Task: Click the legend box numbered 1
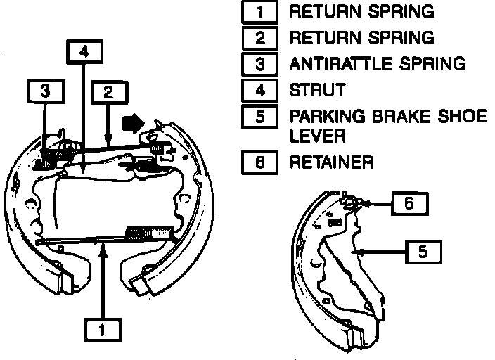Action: [260, 12]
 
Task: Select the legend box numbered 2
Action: [260, 37]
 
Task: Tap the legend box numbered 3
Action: [260, 63]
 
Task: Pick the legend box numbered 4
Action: [260, 89]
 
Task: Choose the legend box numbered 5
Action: [260, 115]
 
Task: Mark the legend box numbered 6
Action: [260, 162]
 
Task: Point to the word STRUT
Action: [318, 89]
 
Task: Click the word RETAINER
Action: [332, 162]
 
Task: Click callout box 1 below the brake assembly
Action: [103, 330]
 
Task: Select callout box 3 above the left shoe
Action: [45, 91]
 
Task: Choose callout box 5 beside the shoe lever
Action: [423, 251]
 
